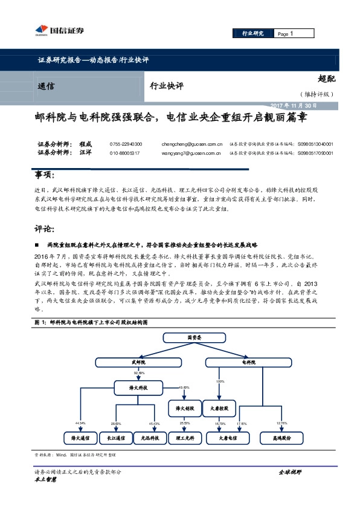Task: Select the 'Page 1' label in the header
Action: click(285, 33)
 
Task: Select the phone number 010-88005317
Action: click(125, 153)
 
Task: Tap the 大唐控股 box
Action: click(218, 409)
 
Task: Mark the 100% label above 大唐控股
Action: click(220, 381)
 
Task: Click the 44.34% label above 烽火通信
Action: click(80, 423)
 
